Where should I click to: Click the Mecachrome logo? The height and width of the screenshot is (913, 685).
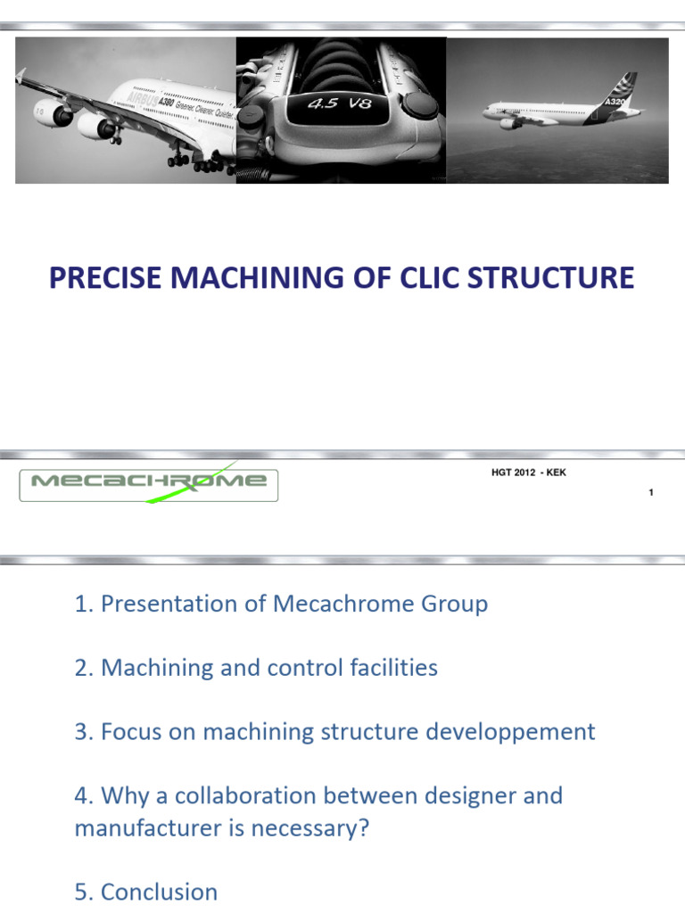coord(149,482)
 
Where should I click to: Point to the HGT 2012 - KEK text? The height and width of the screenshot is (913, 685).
coord(529,473)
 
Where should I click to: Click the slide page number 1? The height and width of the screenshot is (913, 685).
coord(652,492)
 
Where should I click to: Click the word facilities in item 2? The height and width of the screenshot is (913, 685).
coord(393,668)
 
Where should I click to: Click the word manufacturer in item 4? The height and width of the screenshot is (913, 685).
coord(150,828)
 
